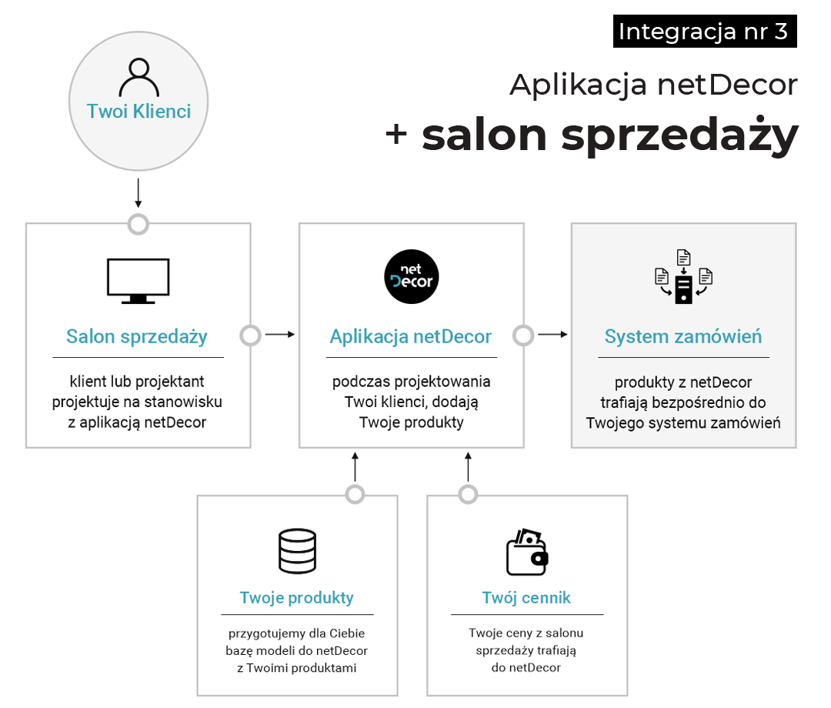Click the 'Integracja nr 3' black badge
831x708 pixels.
click(704, 32)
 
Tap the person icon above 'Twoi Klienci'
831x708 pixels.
click(138, 77)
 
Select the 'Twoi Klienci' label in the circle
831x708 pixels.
click(138, 111)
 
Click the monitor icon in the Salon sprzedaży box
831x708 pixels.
click(138, 281)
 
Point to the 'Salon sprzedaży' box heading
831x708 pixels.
click(137, 336)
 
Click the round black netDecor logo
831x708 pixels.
click(412, 277)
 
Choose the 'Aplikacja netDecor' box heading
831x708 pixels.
click(411, 336)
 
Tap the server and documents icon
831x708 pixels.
click(683, 277)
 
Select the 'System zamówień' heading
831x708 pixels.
click(683, 336)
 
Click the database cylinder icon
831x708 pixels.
click(297, 551)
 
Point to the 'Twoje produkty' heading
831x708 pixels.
click(297, 598)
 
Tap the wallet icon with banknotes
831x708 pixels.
click(527, 551)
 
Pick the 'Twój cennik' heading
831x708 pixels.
click(527, 598)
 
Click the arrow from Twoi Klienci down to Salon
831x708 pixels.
click(138, 193)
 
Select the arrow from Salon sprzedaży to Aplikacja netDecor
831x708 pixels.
click(280, 335)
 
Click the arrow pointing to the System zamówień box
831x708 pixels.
click(553, 335)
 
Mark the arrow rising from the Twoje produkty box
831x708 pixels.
click(355, 466)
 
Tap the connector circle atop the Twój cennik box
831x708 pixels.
click(468, 494)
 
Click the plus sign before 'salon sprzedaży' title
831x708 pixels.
click(396, 135)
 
